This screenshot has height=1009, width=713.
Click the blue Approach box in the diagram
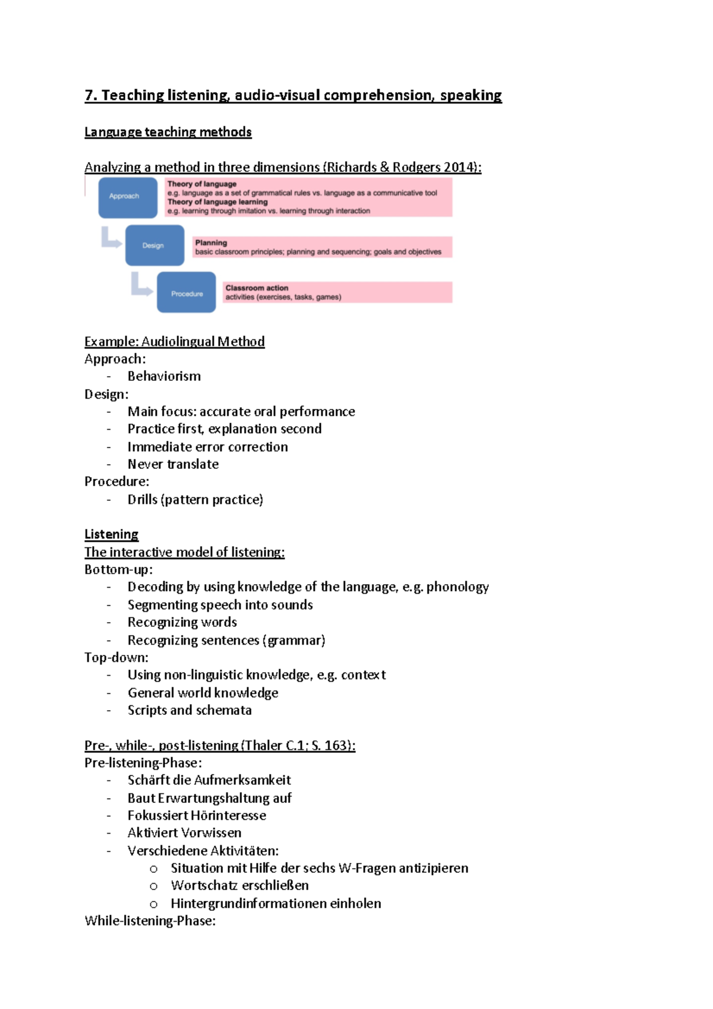click(x=128, y=197)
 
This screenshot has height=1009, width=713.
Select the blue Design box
click(x=154, y=245)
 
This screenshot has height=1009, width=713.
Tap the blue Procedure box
click(x=187, y=292)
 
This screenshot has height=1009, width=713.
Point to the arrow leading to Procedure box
click(x=141, y=285)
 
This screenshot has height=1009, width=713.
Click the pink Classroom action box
click(x=337, y=292)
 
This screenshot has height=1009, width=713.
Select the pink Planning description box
click(x=323, y=247)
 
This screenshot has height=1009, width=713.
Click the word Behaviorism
click(x=164, y=376)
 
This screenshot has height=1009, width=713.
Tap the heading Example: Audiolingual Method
click(x=174, y=342)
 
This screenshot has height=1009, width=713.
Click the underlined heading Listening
click(x=111, y=534)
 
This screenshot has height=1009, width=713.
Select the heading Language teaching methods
click(x=168, y=132)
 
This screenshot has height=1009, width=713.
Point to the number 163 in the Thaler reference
click(x=336, y=745)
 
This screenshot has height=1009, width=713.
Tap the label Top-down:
click(x=116, y=657)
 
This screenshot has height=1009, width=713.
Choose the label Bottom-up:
click(x=118, y=569)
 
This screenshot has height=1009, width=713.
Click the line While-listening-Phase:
click(x=150, y=920)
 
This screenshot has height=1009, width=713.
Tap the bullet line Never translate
click(x=173, y=464)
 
